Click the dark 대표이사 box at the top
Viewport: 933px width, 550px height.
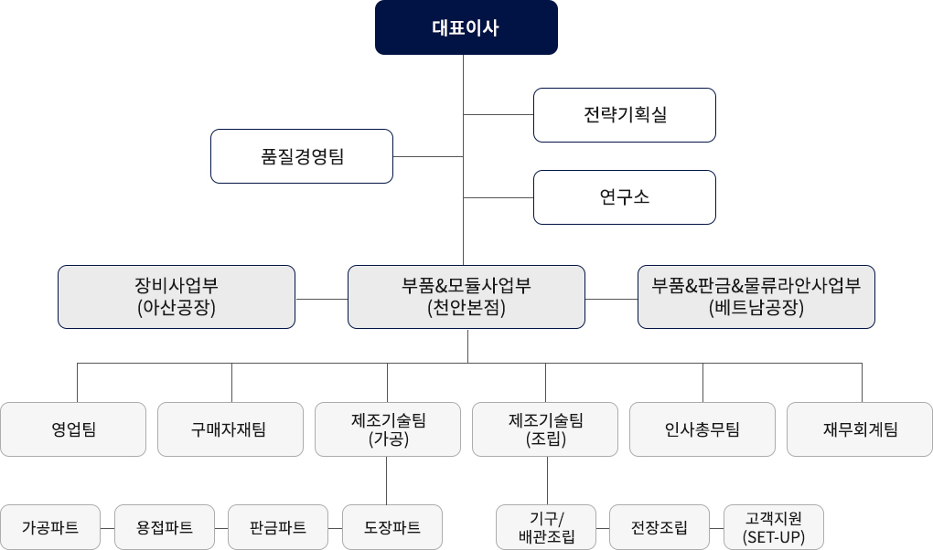click(x=466, y=27)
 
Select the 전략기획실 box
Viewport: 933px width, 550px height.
click(x=625, y=115)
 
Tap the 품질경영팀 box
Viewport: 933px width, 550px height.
click(x=302, y=156)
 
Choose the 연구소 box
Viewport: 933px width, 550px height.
click(x=625, y=197)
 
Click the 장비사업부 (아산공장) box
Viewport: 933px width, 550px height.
click(x=177, y=297)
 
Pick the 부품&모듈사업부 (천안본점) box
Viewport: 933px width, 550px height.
click(x=466, y=297)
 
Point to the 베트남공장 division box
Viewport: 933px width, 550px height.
click(x=756, y=297)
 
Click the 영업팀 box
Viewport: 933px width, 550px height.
click(x=73, y=429)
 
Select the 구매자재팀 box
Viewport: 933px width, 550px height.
click(x=231, y=429)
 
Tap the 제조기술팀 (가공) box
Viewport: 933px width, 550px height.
click(x=388, y=429)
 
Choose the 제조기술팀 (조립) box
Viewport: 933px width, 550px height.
click(x=545, y=429)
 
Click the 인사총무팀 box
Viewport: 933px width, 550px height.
click(x=702, y=429)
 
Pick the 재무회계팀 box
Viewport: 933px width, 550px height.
click(x=860, y=429)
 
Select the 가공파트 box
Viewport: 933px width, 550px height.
click(x=50, y=527)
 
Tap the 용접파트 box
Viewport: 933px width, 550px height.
click(x=165, y=527)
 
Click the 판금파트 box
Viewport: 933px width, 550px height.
click(x=278, y=527)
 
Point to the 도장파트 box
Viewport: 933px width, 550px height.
click(x=392, y=527)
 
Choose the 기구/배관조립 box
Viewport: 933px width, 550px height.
click(x=546, y=527)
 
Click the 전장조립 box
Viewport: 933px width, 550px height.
click(x=660, y=527)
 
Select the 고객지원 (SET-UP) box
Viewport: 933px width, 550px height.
click(x=774, y=527)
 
